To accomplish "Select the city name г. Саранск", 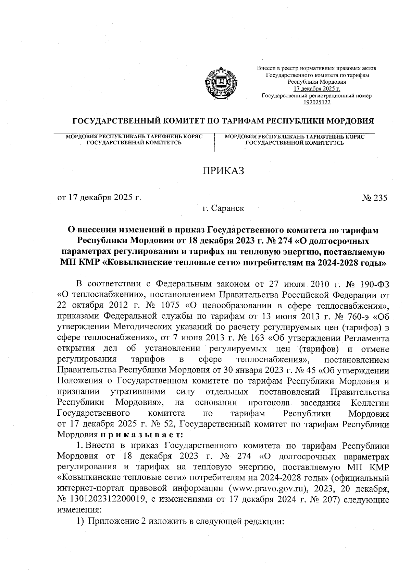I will pos(223,208).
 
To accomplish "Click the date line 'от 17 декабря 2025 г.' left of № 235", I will pos(99,198).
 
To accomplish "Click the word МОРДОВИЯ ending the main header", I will pos(349,121).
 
